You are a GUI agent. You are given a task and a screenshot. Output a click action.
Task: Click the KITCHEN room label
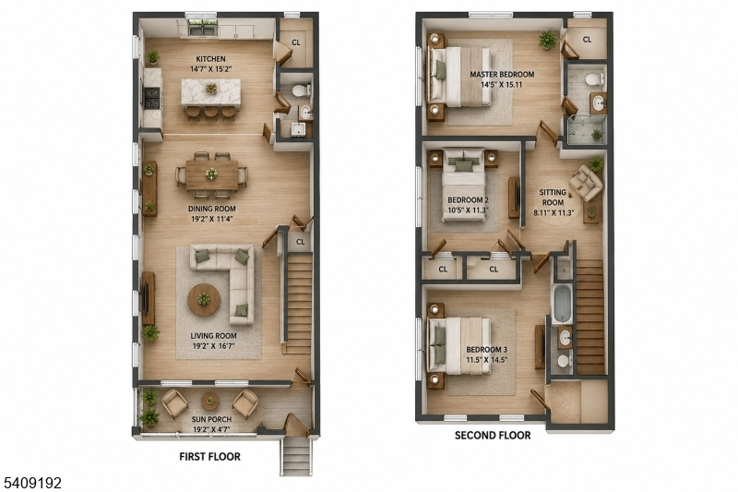point(210,59)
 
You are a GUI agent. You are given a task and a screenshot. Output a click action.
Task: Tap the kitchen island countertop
point(211,91)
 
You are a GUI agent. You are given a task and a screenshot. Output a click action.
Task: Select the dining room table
point(212,174)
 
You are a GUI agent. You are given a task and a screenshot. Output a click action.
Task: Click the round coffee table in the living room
point(204,299)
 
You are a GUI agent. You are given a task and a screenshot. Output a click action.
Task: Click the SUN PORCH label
point(211,419)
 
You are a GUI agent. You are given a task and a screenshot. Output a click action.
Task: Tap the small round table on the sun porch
point(210,402)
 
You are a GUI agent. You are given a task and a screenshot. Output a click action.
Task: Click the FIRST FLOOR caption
point(210,456)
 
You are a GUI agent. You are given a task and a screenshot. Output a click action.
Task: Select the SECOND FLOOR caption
point(493,435)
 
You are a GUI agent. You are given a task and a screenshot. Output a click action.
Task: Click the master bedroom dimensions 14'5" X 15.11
point(502,85)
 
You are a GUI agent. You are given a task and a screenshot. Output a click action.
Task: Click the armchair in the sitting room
point(586,183)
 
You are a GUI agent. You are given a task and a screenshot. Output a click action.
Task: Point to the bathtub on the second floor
point(562,303)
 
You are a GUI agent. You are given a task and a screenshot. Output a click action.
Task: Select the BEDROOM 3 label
point(487,350)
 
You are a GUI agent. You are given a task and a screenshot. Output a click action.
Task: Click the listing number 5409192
point(32,483)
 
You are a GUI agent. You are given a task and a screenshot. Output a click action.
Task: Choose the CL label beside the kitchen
point(295,42)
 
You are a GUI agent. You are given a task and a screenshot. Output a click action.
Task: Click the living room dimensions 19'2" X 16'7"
point(214,346)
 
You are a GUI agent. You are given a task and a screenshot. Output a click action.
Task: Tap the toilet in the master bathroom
point(595,78)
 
